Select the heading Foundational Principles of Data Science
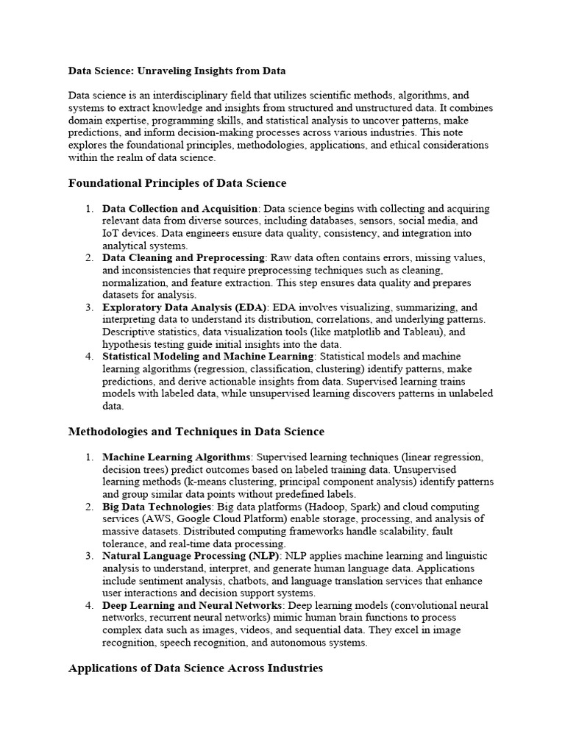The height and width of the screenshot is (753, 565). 177,182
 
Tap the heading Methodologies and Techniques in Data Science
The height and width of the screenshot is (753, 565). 196,431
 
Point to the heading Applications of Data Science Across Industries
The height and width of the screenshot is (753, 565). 195,668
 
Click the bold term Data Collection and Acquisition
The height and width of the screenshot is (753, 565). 180,209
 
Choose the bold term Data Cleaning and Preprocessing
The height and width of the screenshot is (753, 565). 183,258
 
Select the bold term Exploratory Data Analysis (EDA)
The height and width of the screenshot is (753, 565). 186,307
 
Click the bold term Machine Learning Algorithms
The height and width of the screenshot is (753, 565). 177,457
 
